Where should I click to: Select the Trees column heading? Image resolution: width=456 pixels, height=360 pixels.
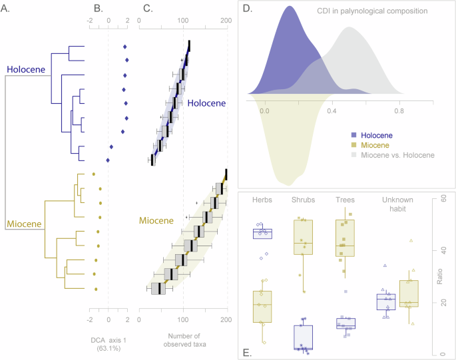345,199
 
